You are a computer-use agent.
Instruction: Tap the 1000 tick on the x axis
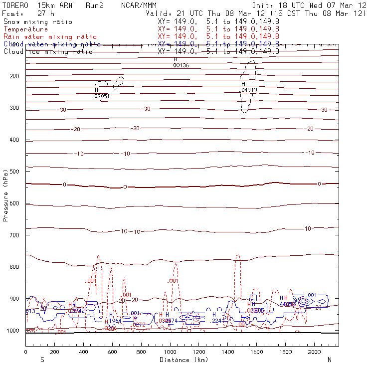click(x=170, y=352)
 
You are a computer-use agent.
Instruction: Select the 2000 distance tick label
click(x=315, y=352)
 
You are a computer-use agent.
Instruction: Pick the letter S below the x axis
click(x=42, y=359)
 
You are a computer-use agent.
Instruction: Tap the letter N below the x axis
click(x=329, y=359)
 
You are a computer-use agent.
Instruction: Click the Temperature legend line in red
click(x=26, y=29)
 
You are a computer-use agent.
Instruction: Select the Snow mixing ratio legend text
click(x=38, y=22)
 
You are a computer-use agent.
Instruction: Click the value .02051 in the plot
click(x=101, y=96)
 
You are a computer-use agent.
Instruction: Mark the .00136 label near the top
click(x=180, y=65)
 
